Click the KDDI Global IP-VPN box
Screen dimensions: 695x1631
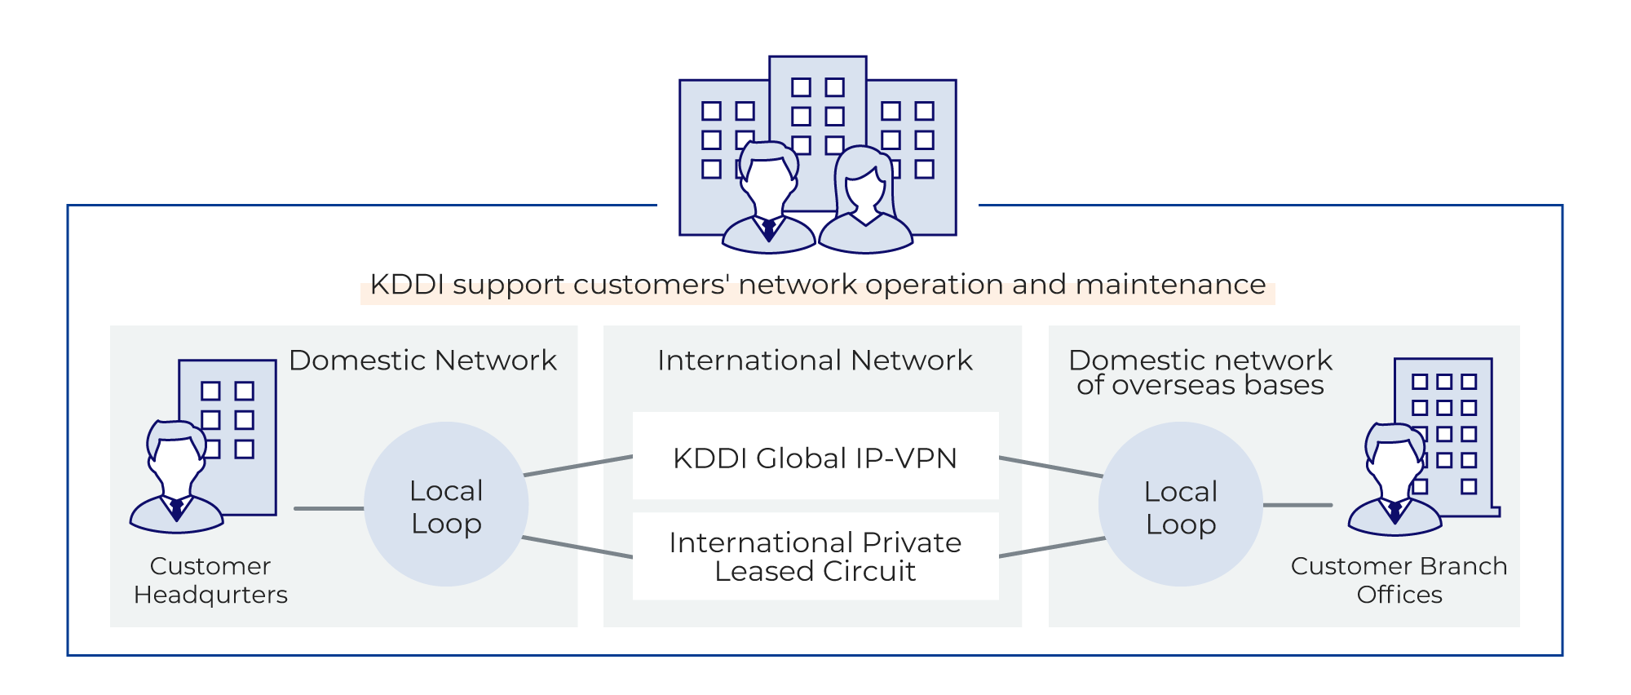click(815, 457)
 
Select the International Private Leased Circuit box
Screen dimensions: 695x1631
click(815, 556)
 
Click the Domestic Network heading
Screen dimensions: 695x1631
click(422, 361)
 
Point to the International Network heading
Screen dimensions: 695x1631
click(815, 361)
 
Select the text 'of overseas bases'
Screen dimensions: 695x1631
click(1200, 386)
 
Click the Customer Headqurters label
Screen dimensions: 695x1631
click(210, 580)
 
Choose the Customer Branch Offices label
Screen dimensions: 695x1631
click(1399, 580)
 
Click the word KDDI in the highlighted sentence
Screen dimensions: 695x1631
click(406, 285)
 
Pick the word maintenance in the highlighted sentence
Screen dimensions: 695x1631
click(1170, 285)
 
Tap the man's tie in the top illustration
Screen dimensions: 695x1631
click(768, 229)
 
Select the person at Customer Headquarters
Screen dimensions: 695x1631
click(176, 481)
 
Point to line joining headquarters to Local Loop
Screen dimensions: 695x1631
click(329, 508)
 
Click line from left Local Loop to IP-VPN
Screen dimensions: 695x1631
click(577, 466)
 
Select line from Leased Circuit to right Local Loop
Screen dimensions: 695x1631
click(1052, 547)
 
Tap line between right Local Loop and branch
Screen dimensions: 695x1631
click(1297, 505)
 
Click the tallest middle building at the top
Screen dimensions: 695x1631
click(817, 98)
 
